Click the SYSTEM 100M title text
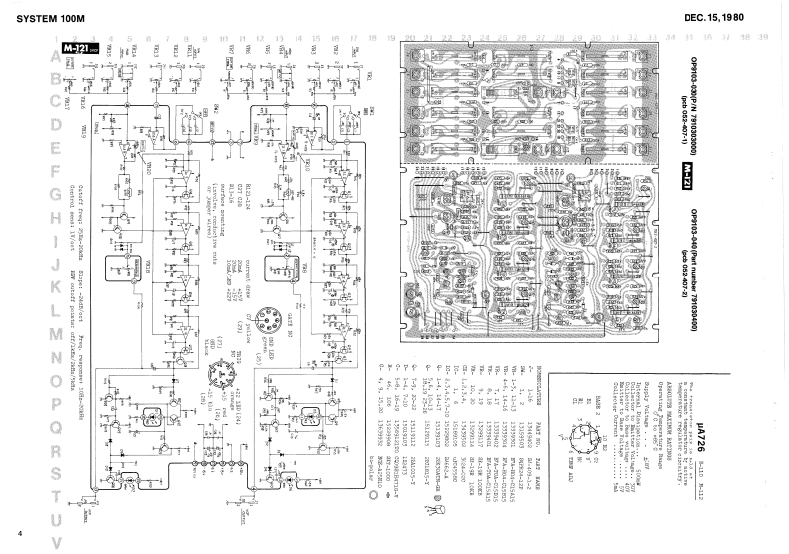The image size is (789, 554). point(45,18)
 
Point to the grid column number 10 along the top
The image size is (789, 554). point(219,36)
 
